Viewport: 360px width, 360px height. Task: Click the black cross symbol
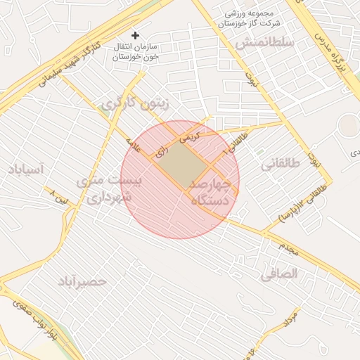(x=136, y=34)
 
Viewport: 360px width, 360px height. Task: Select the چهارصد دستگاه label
(x=211, y=191)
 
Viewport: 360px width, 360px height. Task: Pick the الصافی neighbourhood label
(x=279, y=274)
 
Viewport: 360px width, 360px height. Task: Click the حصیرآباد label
(x=83, y=281)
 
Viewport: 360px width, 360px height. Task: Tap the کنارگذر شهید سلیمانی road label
(x=63, y=67)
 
